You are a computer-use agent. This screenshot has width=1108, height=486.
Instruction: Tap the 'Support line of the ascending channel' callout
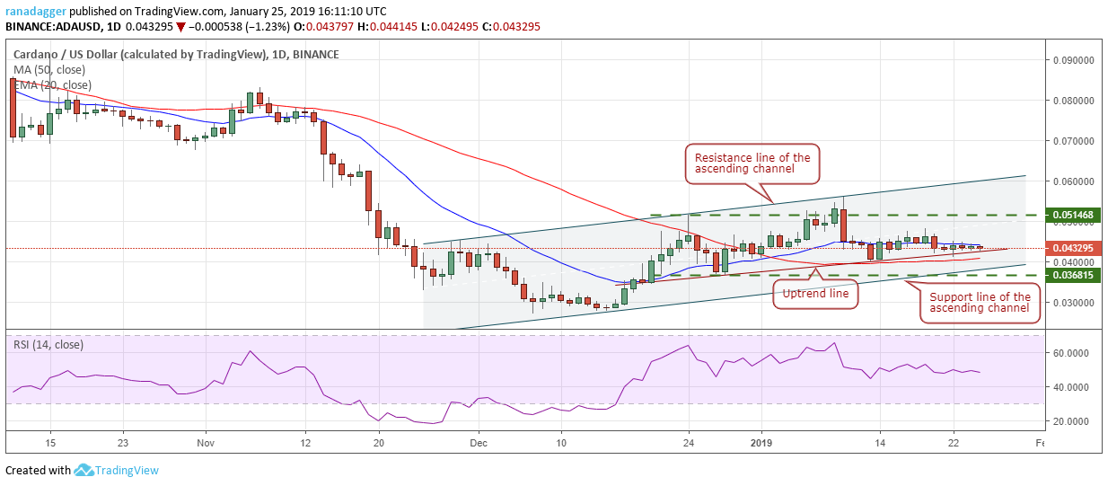pyautogui.click(x=980, y=303)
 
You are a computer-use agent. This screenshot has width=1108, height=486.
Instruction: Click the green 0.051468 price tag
pyautogui.click(x=1072, y=216)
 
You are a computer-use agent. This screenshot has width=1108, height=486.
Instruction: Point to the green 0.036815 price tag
pyautogui.click(x=1072, y=275)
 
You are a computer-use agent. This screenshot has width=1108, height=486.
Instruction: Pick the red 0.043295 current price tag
pyautogui.click(x=1072, y=247)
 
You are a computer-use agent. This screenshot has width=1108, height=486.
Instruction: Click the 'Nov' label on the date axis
pyautogui.click(x=206, y=443)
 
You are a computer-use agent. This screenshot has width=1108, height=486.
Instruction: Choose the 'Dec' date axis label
pyautogui.click(x=478, y=443)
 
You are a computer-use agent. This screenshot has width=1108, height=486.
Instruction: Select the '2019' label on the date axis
pyautogui.click(x=761, y=443)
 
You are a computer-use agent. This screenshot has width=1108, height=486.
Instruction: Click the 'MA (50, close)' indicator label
pyautogui.click(x=49, y=69)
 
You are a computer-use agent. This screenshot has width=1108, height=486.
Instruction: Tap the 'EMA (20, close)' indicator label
pyautogui.click(x=52, y=84)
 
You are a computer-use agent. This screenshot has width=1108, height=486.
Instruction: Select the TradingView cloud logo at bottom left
pyautogui.click(x=84, y=470)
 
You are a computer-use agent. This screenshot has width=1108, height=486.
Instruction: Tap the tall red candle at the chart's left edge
pyautogui.click(x=13, y=108)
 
